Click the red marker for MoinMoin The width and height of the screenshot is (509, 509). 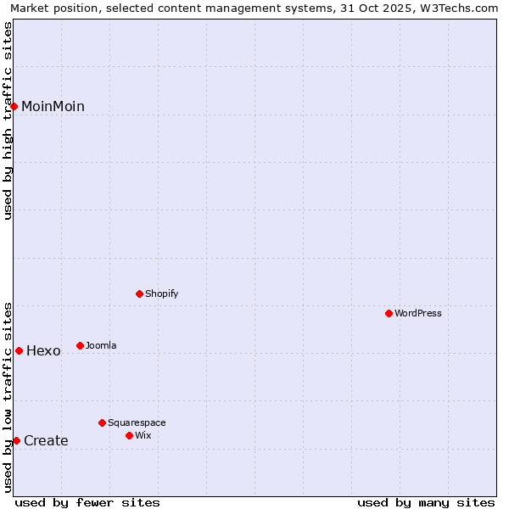(x=14, y=106)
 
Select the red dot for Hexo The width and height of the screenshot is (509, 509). (x=19, y=350)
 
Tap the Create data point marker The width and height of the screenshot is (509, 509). (x=16, y=440)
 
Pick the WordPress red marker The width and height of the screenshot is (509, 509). (x=389, y=313)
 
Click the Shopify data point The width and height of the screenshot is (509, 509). (x=140, y=294)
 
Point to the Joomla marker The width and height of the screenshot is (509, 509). (x=81, y=345)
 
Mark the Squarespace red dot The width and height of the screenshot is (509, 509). (x=103, y=422)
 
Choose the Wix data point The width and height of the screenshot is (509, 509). (x=130, y=435)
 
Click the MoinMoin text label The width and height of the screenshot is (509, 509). (x=53, y=106)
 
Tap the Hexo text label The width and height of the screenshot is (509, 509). (x=43, y=351)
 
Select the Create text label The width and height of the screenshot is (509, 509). (x=46, y=440)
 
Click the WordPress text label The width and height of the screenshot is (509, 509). (x=418, y=313)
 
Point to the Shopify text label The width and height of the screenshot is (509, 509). (x=162, y=294)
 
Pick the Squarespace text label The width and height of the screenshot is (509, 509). (x=137, y=422)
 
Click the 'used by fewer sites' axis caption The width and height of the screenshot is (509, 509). (x=87, y=502)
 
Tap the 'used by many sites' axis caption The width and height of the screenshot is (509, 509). (x=426, y=502)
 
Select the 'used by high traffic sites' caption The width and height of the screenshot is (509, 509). (x=8, y=120)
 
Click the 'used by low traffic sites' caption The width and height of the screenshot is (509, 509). (x=8, y=397)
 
